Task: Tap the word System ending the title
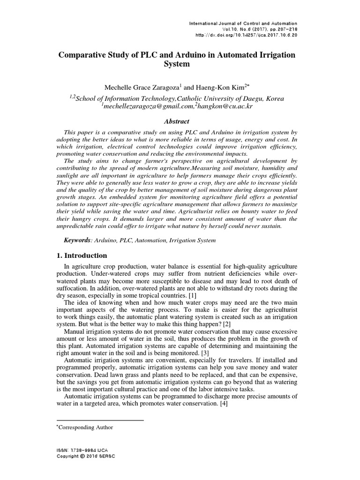176,64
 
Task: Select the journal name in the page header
243,23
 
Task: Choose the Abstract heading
176,121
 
